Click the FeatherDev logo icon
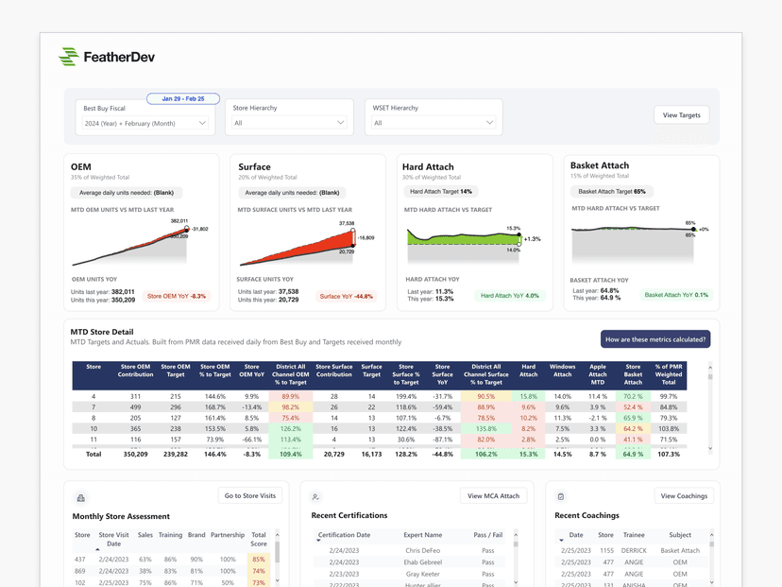coord(68,57)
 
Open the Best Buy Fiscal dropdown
coord(145,123)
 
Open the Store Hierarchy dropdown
coord(289,123)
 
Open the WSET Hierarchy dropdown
coord(433,123)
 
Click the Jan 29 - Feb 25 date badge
coord(183,98)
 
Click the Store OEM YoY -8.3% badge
coord(177,297)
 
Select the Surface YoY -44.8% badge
coord(346,297)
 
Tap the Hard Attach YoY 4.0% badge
coord(510,296)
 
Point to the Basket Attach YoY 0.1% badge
coord(676,295)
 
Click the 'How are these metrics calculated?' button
coord(655,339)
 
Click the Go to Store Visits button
coord(250,495)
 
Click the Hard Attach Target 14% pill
coord(441,192)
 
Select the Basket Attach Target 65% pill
coord(612,192)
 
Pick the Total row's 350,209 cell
coord(135,455)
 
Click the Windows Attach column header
coord(562,374)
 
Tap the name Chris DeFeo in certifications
coord(422,550)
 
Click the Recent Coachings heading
coord(586,516)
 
